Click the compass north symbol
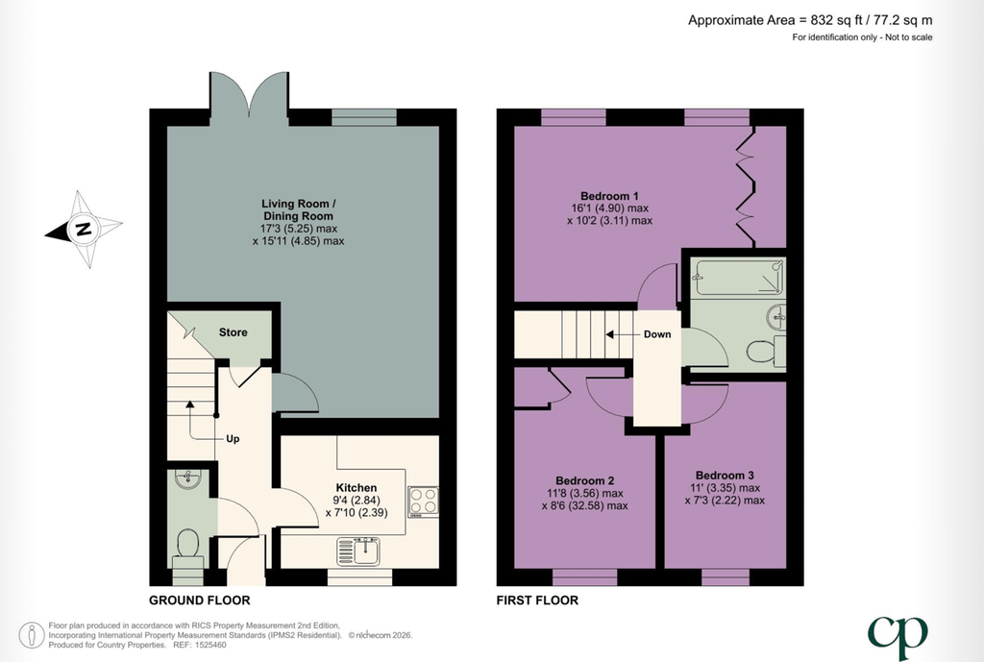[84, 229]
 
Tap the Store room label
[233, 332]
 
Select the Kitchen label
[357, 487]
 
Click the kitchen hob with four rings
[423, 502]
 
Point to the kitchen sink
[358, 552]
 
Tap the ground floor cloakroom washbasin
[187, 478]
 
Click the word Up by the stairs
[233, 439]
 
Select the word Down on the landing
[657, 334]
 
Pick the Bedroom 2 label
[585, 480]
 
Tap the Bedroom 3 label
[725, 475]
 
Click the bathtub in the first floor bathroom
[738, 278]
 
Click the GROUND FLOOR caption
[200, 601]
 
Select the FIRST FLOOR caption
[537, 601]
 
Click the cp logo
[898, 637]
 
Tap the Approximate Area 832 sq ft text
[810, 20]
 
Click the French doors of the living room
[249, 94]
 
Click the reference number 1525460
[209, 645]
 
